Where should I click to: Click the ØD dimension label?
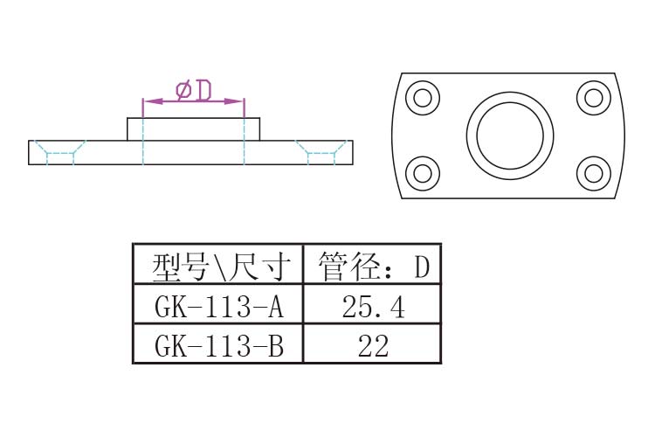[194, 89]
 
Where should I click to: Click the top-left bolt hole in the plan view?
[423, 97]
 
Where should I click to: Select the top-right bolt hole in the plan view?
[593, 97]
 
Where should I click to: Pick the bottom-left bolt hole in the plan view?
[423, 172]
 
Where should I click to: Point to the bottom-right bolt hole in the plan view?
[593, 172]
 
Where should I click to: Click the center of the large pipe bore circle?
[510, 135]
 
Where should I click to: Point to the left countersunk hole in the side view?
[59, 152]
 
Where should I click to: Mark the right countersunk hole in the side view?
[321, 152]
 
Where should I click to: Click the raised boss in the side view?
[194, 129]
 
